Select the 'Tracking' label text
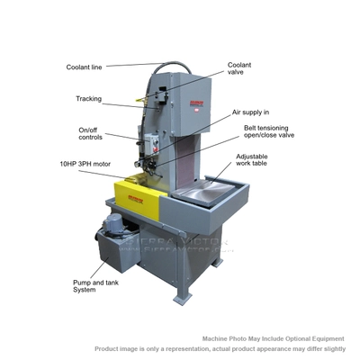pos(89,99)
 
